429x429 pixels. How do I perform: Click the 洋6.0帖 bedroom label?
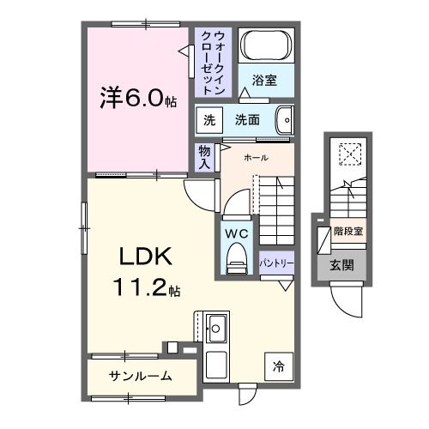point(137,99)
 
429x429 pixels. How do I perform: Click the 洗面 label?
point(247,120)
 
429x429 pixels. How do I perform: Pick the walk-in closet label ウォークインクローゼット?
point(211,63)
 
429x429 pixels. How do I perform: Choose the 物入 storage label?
point(204,156)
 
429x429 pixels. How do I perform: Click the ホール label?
point(256,158)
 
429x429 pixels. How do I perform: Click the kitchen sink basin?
point(216,327)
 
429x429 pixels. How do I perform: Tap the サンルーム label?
point(140,375)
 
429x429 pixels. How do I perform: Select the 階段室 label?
point(348,231)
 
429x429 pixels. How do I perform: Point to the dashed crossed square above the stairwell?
point(350,154)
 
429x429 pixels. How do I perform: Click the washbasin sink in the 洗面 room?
point(286,119)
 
